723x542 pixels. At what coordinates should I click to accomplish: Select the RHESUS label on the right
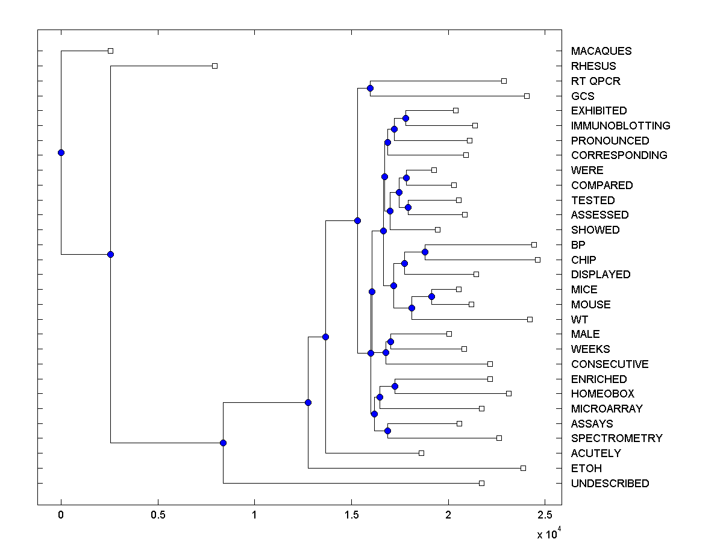click(x=593, y=66)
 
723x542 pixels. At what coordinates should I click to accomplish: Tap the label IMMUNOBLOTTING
click(x=621, y=126)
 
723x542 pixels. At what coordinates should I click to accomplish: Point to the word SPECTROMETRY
click(x=616, y=438)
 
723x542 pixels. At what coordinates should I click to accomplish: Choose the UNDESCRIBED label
click(x=610, y=484)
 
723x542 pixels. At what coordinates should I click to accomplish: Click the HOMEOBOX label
click(x=602, y=394)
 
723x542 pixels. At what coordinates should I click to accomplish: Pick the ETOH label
click(x=586, y=469)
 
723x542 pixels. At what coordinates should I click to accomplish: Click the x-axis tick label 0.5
click(x=158, y=516)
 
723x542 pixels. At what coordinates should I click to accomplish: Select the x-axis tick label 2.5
click(x=545, y=516)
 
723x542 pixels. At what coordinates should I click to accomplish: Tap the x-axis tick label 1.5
click(x=351, y=516)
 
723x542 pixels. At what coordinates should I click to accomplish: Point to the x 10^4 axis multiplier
click(x=549, y=534)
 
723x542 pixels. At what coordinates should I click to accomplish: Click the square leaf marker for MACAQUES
click(x=110, y=51)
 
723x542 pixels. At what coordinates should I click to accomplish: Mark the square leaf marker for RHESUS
click(x=214, y=66)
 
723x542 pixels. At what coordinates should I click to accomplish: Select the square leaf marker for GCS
click(x=527, y=96)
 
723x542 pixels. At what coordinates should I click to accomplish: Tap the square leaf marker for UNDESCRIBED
click(x=481, y=483)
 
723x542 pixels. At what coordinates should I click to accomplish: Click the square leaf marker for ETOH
click(x=523, y=468)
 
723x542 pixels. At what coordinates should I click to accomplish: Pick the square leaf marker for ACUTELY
click(x=421, y=453)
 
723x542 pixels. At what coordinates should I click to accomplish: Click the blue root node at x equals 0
click(x=61, y=152)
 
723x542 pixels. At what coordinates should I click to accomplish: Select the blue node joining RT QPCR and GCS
click(x=370, y=89)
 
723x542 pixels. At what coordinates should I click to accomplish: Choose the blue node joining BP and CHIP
click(x=425, y=252)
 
